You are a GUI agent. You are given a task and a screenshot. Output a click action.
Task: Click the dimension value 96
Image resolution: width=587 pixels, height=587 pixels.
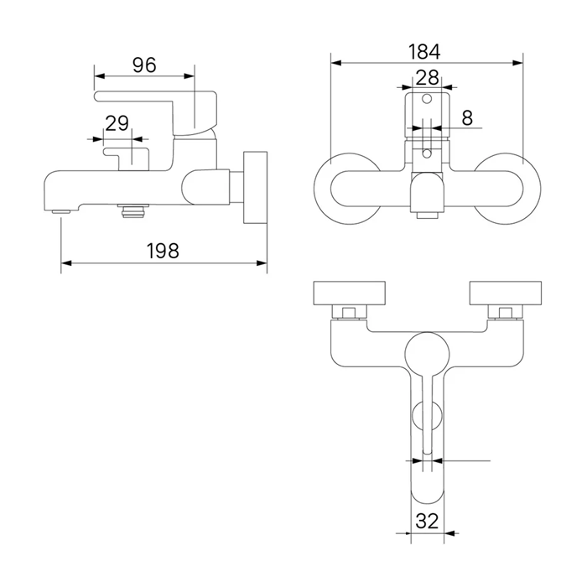click(144, 65)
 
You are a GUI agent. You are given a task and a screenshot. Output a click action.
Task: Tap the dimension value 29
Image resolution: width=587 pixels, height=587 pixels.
click(117, 123)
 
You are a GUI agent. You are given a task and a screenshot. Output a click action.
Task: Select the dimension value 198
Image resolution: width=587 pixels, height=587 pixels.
click(163, 251)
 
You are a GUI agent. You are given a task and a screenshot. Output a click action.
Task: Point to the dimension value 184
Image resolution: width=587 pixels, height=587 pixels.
click(424, 52)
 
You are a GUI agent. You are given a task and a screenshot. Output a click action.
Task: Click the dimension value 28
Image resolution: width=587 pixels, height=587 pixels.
click(427, 78)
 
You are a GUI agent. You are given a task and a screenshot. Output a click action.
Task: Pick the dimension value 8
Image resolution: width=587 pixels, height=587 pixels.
click(467, 118)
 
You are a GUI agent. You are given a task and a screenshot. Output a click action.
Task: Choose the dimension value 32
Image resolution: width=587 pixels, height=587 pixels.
click(427, 521)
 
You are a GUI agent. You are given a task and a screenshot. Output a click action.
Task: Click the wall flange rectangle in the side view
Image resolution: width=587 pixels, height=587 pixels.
click(255, 188)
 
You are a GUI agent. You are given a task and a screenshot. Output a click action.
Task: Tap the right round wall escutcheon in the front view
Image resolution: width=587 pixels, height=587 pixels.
click(506, 189)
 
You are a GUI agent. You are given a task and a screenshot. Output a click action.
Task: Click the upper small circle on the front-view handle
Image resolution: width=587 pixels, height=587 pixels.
click(427, 99)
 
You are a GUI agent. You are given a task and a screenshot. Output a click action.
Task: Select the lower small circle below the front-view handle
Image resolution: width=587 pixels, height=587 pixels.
click(427, 153)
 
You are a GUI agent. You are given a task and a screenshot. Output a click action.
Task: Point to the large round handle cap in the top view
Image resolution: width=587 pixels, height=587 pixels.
click(427, 354)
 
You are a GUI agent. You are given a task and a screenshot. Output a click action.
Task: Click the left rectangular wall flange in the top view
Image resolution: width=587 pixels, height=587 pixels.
click(349, 293)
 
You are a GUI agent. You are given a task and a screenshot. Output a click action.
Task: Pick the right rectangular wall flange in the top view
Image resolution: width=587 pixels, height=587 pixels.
click(506, 293)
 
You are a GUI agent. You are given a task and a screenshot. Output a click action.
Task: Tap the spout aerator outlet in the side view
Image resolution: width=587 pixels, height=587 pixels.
click(61, 211)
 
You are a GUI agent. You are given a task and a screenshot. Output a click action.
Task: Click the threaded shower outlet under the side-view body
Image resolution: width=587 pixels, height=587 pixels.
click(133, 210)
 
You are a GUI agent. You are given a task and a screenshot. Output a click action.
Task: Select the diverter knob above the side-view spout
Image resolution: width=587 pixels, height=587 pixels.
click(127, 158)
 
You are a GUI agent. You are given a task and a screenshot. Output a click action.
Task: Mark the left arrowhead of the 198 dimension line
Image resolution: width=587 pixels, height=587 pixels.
click(66, 263)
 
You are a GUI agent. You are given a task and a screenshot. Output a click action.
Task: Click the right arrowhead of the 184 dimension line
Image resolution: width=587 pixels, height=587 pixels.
click(517, 63)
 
